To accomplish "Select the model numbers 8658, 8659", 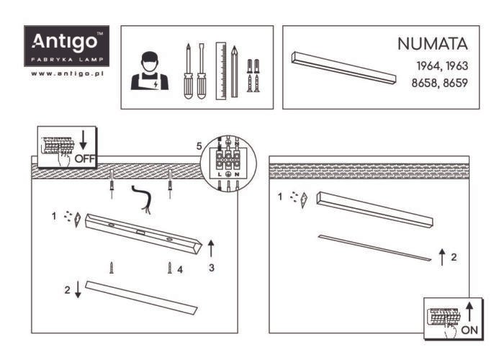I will pyautogui.click(x=440, y=83).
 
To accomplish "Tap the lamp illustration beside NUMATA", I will pyautogui.click(x=344, y=68).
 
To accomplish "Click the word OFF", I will pyautogui.click(x=84, y=158).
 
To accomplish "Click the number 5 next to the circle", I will pyautogui.click(x=199, y=146).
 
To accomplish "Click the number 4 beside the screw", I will pyautogui.click(x=181, y=270).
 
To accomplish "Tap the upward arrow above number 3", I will pyautogui.click(x=211, y=249).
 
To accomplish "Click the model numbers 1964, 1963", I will pyautogui.click(x=441, y=66).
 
